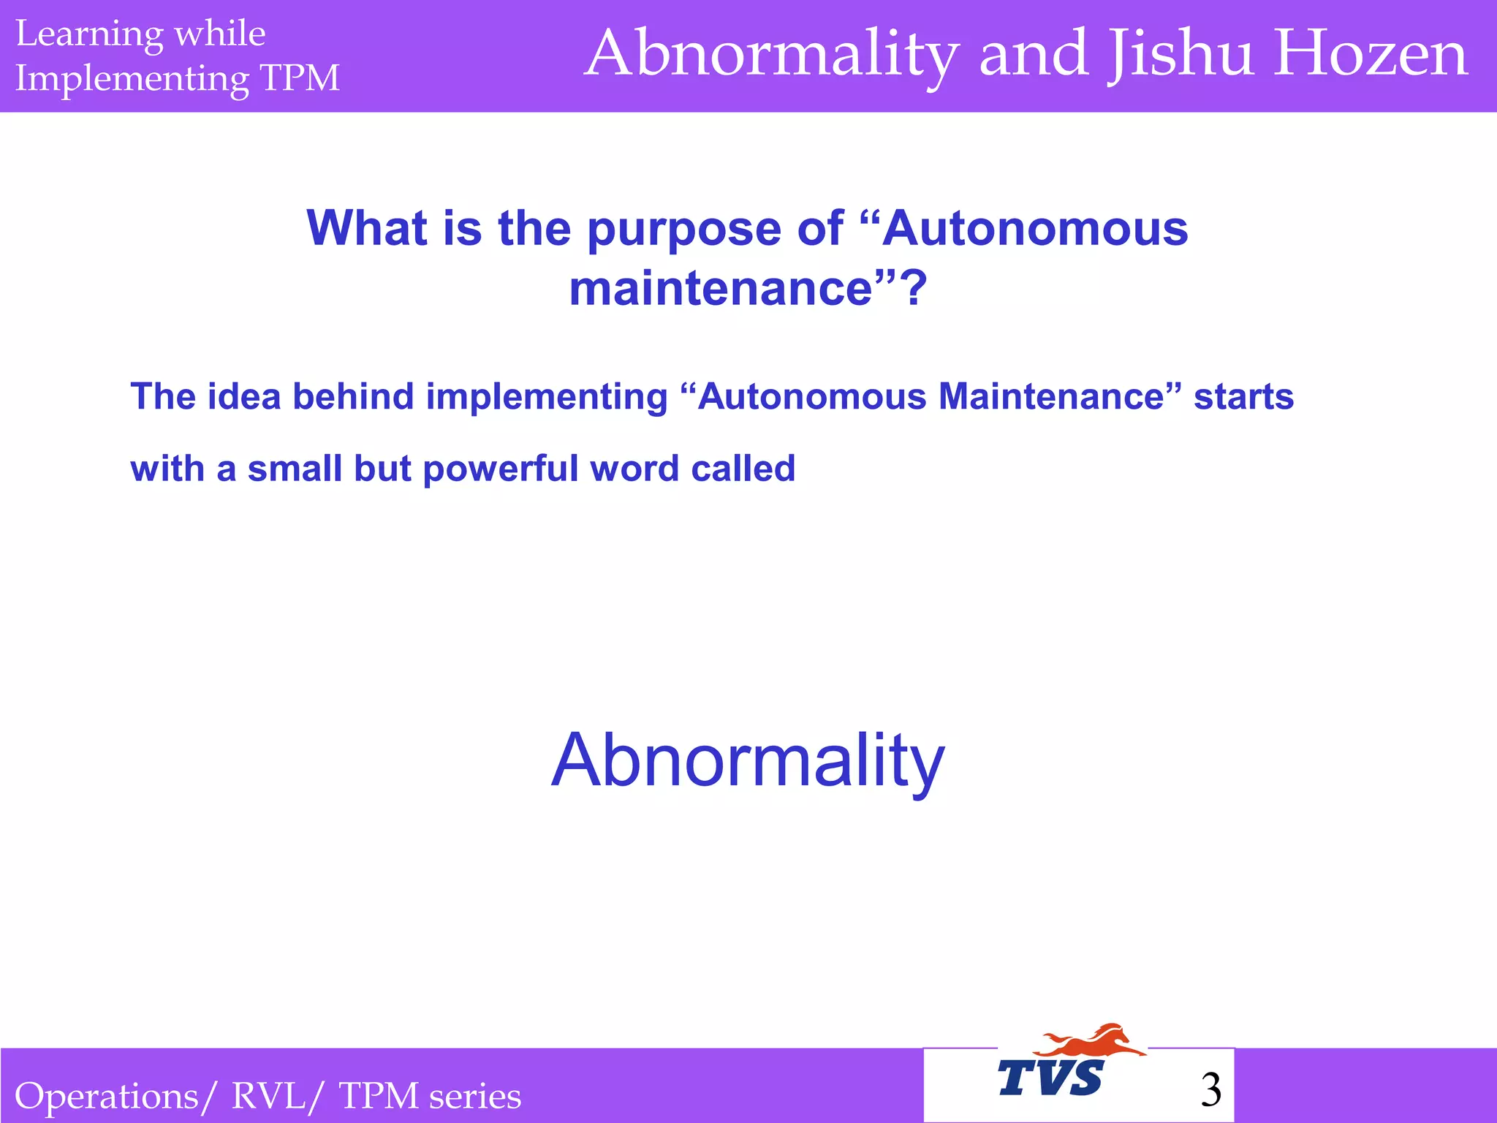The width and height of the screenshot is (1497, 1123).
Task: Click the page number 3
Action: point(1210,1090)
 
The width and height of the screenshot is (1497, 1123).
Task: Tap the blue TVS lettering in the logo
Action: point(1051,1078)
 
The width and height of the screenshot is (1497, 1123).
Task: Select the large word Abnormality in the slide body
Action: point(748,761)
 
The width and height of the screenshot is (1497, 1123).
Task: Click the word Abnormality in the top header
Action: point(772,56)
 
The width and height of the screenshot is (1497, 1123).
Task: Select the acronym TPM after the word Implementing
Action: point(300,77)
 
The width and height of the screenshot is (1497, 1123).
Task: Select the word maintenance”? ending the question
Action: point(748,288)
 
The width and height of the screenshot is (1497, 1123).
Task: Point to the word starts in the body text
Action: point(1243,397)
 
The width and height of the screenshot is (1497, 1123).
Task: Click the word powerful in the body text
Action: point(501,469)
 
